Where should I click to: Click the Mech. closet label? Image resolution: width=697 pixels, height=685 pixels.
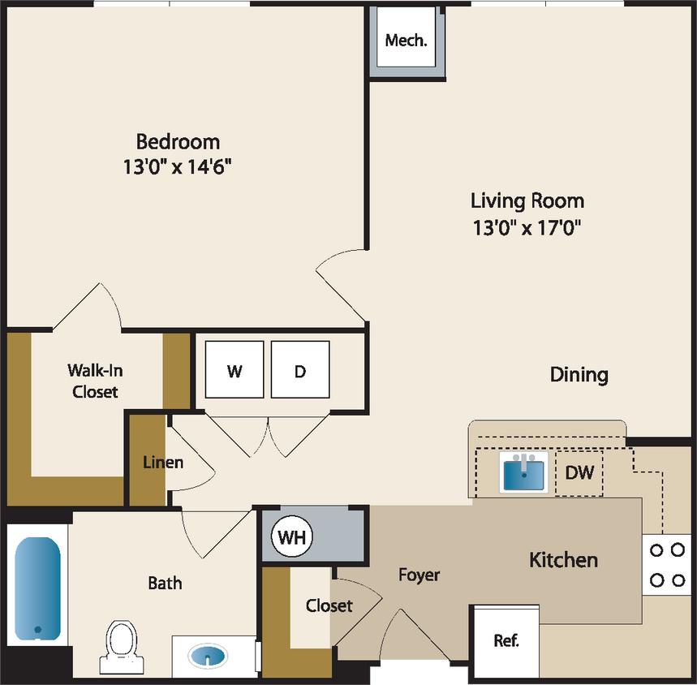pos(406,40)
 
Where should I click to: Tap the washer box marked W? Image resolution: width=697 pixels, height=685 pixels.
pos(234,371)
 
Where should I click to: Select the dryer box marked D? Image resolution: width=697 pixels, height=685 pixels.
pos(300,371)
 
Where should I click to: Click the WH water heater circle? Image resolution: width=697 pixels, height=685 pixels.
pos(291,536)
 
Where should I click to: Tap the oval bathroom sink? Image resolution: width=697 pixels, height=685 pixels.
pos(209,655)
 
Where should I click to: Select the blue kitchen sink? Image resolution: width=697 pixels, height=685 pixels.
pos(524,474)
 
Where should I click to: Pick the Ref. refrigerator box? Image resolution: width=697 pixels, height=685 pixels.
pos(506,640)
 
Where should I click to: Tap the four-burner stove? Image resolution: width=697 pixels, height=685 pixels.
pos(667,564)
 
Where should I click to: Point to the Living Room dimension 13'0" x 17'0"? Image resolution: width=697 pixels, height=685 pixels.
pos(527,227)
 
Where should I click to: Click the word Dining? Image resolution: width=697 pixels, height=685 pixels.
pos(579,374)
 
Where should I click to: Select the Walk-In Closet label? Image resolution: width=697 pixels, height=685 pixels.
pos(95,381)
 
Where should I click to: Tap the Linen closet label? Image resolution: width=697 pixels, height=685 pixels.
pos(163,463)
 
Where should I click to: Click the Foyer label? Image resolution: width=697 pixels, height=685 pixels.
pos(419,575)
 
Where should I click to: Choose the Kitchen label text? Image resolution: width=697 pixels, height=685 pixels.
pos(563,559)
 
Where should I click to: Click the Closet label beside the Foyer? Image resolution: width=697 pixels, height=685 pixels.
pos(329,605)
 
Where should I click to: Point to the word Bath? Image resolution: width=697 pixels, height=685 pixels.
pos(165,583)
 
